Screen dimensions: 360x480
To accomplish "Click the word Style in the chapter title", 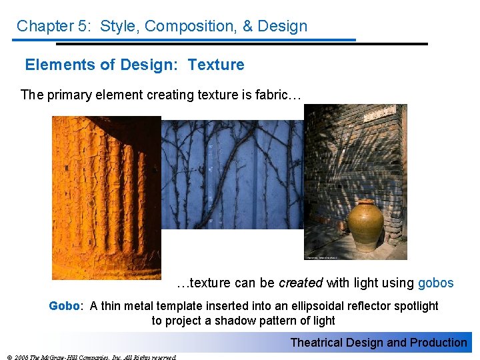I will click(119, 27).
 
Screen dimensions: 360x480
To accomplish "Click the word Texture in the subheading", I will click(216, 65).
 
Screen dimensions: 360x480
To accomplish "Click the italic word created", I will click(300, 283).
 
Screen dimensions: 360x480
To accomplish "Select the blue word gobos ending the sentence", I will click(435, 283).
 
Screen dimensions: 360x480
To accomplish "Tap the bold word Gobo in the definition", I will click(64, 306).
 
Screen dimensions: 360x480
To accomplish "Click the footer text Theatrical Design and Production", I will click(378, 343).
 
